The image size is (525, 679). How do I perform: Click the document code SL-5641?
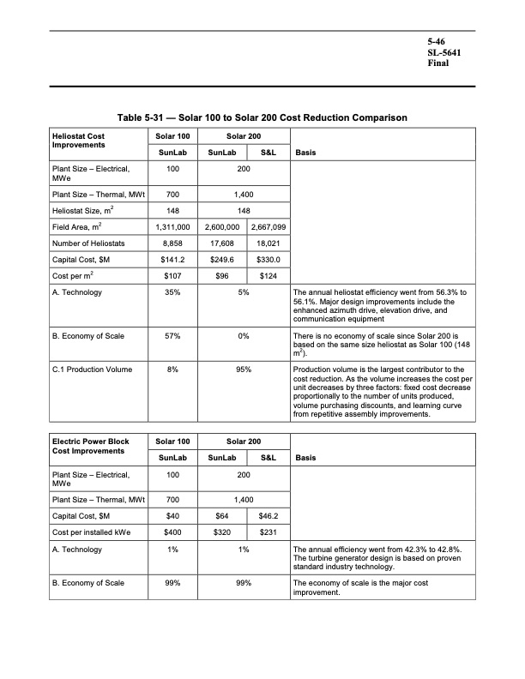pos(445,51)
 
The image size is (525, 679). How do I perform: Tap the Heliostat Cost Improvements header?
pos(79,140)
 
